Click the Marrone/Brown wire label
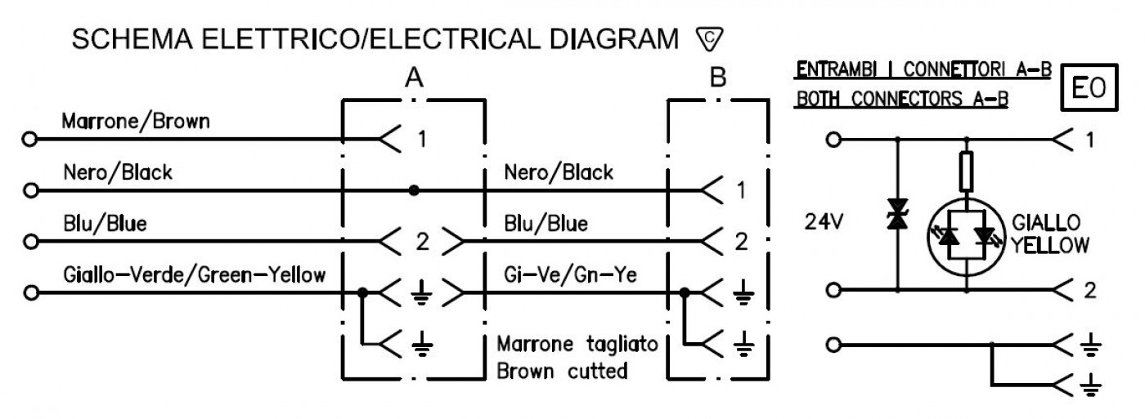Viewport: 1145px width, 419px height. (x=136, y=122)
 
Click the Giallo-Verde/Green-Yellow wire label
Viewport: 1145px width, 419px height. (x=195, y=274)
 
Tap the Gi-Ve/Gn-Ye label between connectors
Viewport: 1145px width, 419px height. (x=571, y=274)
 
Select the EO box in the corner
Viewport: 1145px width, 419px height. (x=1089, y=87)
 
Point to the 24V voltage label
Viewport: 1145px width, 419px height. (x=824, y=221)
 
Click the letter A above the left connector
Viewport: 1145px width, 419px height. (x=414, y=78)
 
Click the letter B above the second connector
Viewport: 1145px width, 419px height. (x=718, y=78)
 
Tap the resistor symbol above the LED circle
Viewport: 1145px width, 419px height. (x=966, y=172)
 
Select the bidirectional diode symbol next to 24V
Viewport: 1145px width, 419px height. (x=898, y=214)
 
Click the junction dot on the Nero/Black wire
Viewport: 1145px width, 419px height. (x=414, y=191)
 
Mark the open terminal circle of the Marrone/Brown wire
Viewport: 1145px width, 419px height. (x=29, y=140)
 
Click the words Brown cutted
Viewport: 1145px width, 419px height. (x=562, y=371)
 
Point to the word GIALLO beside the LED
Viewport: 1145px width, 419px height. (x=1046, y=223)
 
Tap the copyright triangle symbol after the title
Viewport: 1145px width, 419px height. (x=709, y=39)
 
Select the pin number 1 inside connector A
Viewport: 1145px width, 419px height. (x=422, y=140)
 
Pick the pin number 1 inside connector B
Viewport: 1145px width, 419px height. (x=742, y=190)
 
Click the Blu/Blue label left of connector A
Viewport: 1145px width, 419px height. (x=105, y=224)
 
